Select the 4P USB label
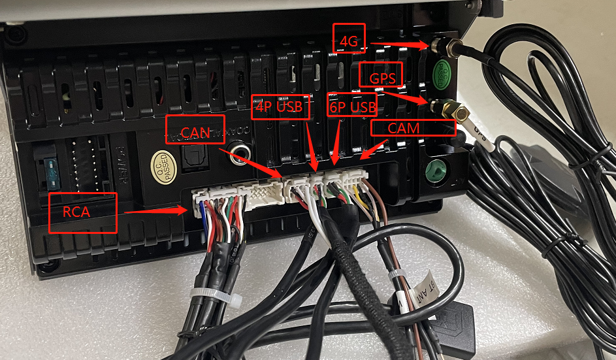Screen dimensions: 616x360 tap(280, 106)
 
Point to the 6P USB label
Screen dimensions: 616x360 tap(352, 106)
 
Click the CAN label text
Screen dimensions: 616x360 tap(195, 133)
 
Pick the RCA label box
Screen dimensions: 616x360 tap(83, 211)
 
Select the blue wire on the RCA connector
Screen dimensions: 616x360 tap(201, 216)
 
